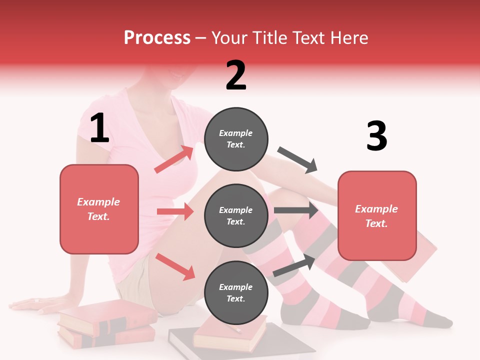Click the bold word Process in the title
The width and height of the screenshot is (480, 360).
[x=157, y=38]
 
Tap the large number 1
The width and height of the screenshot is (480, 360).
[x=99, y=128]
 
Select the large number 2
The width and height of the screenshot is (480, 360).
[x=236, y=75]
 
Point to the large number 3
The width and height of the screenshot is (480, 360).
[x=376, y=136]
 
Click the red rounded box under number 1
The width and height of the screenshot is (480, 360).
[x=99, y=209]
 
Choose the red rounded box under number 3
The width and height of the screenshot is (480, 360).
[x=377, y=215]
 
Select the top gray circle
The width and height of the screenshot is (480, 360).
[x=236, y=139]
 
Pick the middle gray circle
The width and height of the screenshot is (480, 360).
[x=236, y=215]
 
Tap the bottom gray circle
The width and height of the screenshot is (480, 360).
[x=236, y=292]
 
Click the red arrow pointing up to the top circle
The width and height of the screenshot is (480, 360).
[x=174, y=159]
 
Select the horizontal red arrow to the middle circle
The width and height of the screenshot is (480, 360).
[x=175, y=211]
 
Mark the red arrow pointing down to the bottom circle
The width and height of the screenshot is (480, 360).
[x=175, y=266]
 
